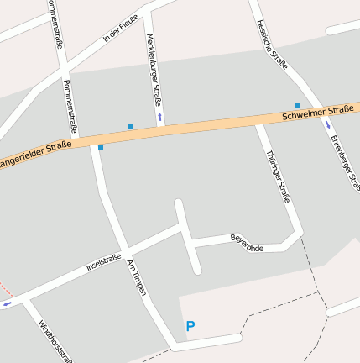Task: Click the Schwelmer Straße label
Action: click(318, 111)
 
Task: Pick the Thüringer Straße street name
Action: click(278, 176)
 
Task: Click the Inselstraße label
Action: click(103, 263)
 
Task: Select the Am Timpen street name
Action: click(136, 277)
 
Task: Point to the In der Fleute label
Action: click(120, 32)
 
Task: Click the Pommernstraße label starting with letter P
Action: click(70, 106)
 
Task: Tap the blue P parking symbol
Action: click(190, 326)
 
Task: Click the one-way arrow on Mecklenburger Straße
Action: click(159, 115)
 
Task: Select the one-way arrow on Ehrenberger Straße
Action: click(327, 124)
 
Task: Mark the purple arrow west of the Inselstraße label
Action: click(8, 304)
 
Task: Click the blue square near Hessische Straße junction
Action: click(296, 106)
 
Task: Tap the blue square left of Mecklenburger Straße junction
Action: click(130, 127)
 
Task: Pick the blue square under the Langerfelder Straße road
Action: click(101, 148)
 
